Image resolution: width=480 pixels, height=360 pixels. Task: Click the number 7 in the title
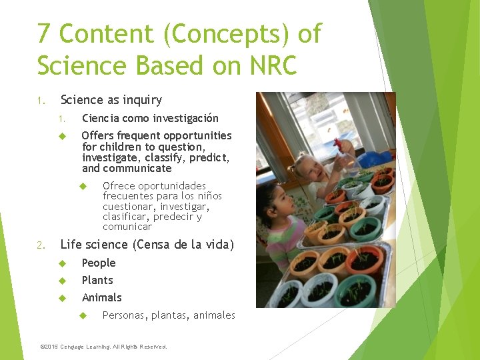(44, 33)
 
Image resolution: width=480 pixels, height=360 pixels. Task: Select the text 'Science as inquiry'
(111, 100)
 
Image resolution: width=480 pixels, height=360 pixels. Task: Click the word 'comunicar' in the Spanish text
(127, 227)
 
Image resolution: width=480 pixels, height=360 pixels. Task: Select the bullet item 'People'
(99, 263)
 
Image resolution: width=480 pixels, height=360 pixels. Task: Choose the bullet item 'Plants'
(97, 280)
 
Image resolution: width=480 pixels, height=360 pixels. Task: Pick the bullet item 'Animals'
(101, 297)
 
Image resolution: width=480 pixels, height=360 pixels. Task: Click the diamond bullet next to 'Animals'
(61, 297)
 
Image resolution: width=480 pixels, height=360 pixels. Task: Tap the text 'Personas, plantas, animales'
(169, 315)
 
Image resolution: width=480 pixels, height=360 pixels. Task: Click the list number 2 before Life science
(41, 245)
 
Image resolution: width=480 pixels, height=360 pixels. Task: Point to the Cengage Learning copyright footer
(104, 347)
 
